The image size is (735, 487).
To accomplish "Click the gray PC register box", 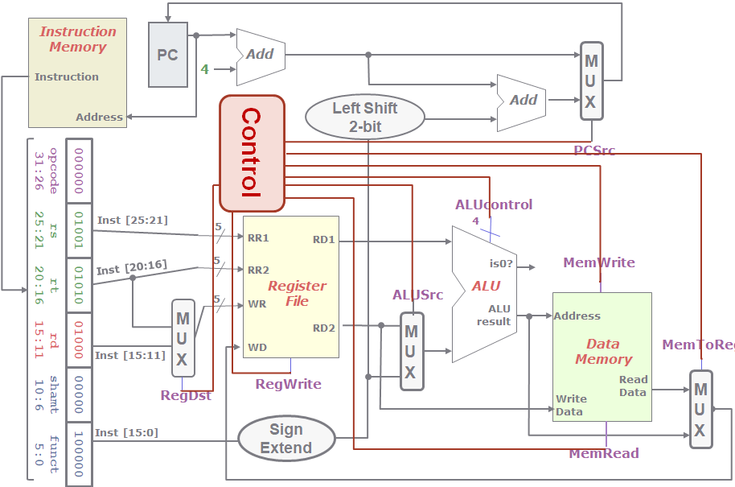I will tap(168, 55).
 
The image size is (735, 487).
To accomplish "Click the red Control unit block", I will tap(253, 154).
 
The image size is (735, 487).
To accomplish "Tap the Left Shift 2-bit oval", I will tap(364, 118).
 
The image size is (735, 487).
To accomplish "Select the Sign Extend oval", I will tap(286, 440).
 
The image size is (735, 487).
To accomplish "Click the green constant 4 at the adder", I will tap(204, 70).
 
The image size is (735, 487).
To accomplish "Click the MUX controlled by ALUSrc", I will tap(411, 352).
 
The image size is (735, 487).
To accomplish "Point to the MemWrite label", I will tap(598, 262).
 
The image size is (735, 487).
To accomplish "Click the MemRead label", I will tap(603, 454).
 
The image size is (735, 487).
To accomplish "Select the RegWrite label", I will tap(288, 385).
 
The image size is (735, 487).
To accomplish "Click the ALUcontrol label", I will tap(493, 204).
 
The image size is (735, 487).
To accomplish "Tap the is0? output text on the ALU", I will tap(501, 263).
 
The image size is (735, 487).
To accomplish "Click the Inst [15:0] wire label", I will tap(126, 433).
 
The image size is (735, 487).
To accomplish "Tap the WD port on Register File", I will tap(257, 348).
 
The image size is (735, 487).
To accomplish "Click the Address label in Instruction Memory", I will tap(99, 118).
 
